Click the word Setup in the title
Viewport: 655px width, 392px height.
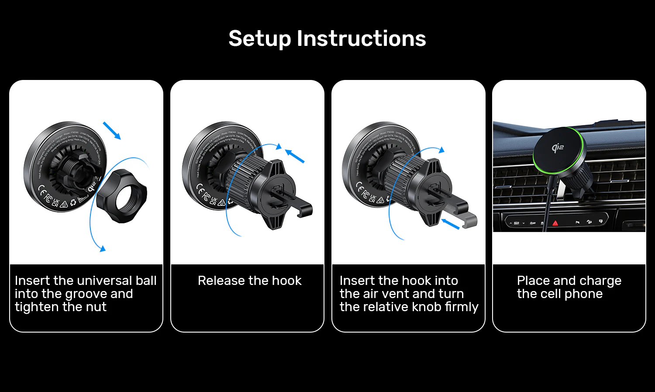point(259,38)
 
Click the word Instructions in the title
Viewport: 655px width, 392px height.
point(361,38)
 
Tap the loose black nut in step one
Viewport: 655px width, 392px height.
point(122,195)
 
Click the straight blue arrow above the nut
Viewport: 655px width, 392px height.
point(112,131)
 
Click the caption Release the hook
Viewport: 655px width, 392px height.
point(249,281)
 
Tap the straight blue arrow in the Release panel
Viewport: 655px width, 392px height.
point(295,156)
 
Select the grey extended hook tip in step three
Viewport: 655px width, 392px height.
point(469,220)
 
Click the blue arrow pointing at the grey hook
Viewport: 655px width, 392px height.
point(450,224)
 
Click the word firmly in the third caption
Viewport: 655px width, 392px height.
point(462,307)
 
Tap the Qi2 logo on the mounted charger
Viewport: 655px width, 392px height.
point(558,148)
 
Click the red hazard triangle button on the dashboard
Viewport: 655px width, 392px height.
point(555,223)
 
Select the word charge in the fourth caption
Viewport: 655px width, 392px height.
point(600,281)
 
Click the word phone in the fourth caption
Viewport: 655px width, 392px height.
point(583,294)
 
